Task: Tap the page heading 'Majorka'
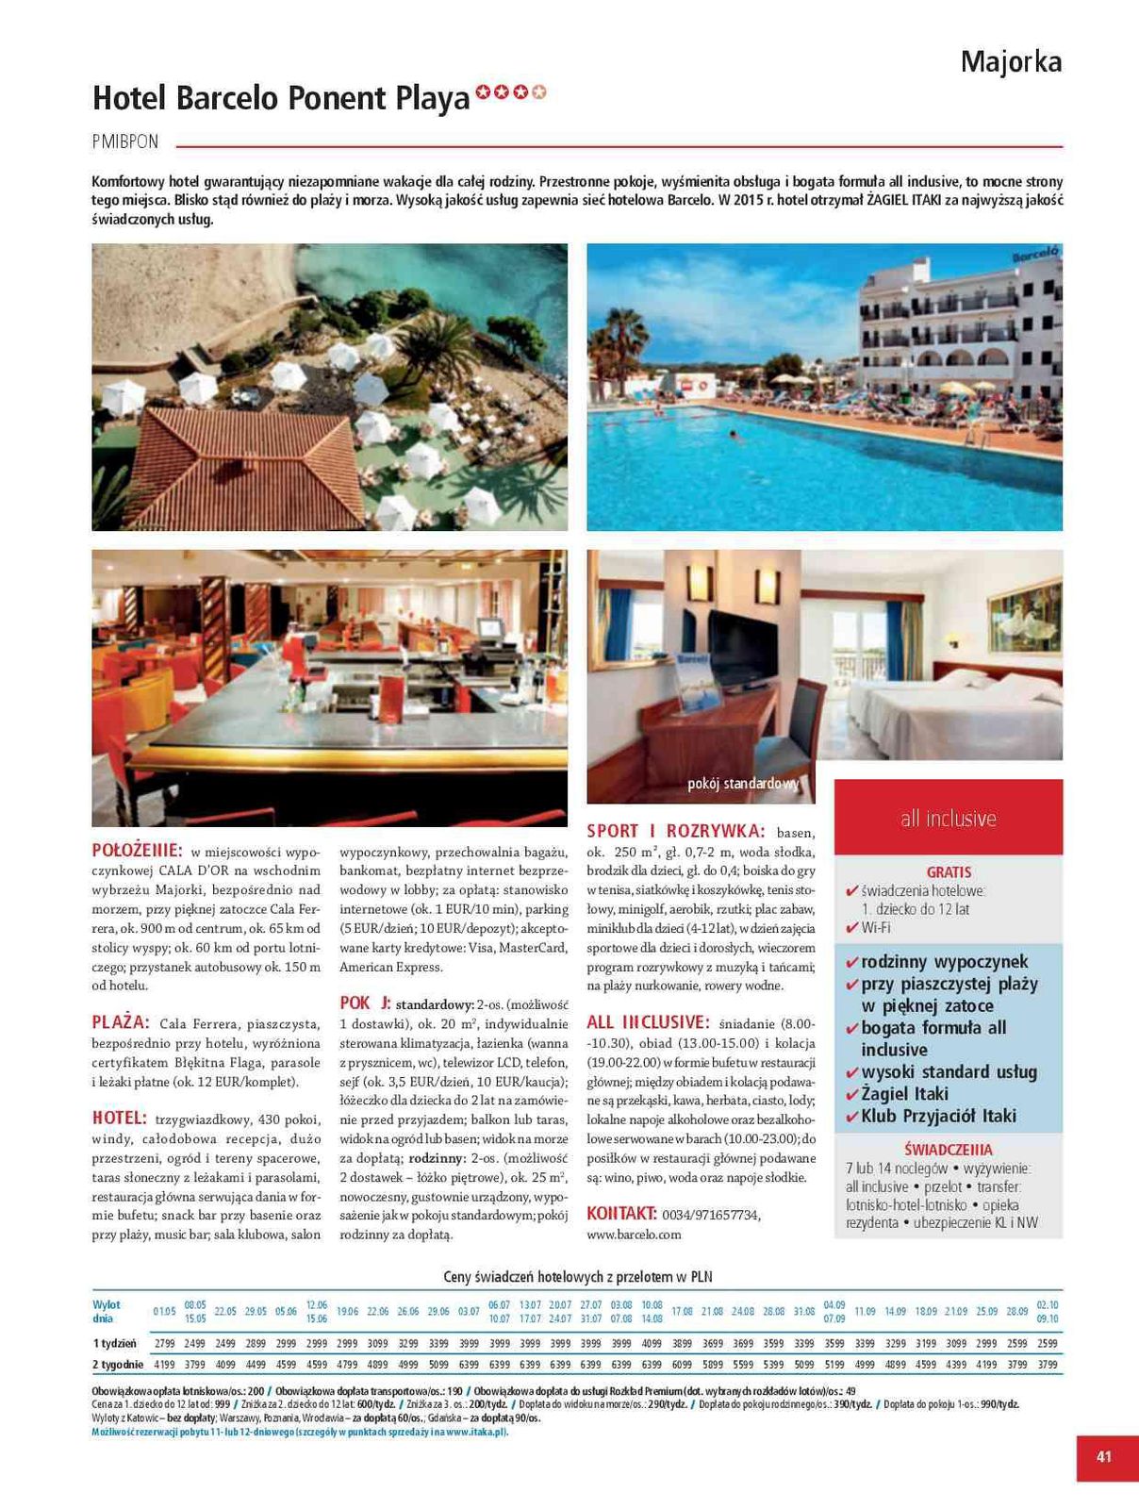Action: tap(1011, 62)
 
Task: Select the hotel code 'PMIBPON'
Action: tap(125, 142)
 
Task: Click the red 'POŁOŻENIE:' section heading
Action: tap(137, 850)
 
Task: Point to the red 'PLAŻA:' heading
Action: tap(121, 1022)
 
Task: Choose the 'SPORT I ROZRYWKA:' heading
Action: tap(676, 831)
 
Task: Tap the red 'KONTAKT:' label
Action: tap(621, 1213)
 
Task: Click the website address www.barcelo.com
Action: tap(634, 1234)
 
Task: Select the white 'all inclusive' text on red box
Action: tap(948, 819)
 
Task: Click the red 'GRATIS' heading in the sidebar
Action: tap(949, 872)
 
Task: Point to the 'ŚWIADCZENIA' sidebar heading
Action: tap(948, 1150)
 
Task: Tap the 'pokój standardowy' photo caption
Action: tap(743, 783)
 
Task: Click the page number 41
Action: tap(1104, 1456)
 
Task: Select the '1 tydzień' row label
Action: tap(114, 1343)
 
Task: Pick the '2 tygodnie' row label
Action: tap(118, 1364)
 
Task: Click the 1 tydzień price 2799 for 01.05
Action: tap(164, 1343)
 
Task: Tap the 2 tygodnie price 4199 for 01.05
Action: tap(164, 1364)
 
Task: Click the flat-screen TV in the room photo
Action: tap(743, 646)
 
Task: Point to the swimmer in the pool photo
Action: tap(733, 436)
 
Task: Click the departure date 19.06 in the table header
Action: tap(347, 1312)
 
